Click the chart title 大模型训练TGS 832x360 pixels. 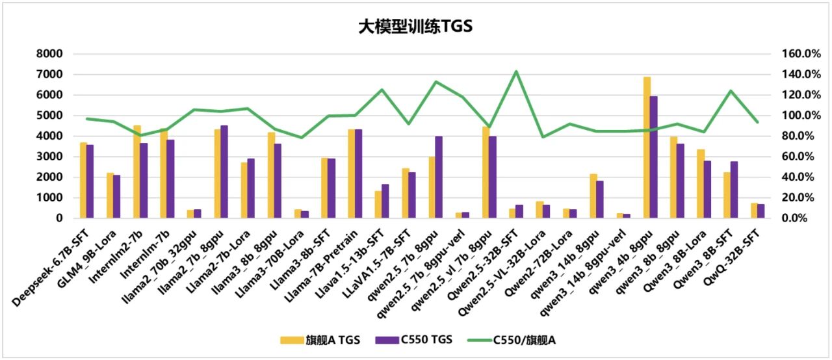pos(415,27)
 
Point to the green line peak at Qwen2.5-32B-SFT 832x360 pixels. pos(516,71)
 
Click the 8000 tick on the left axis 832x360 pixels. pos(50,54)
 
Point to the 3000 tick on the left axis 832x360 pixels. pos(50,157)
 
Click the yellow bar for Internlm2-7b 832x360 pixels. pos(137,172)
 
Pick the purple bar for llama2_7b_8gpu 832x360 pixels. pos(224,172)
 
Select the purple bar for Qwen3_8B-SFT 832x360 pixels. pos(734,189)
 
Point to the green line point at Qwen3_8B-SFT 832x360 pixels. pos(731,91)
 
